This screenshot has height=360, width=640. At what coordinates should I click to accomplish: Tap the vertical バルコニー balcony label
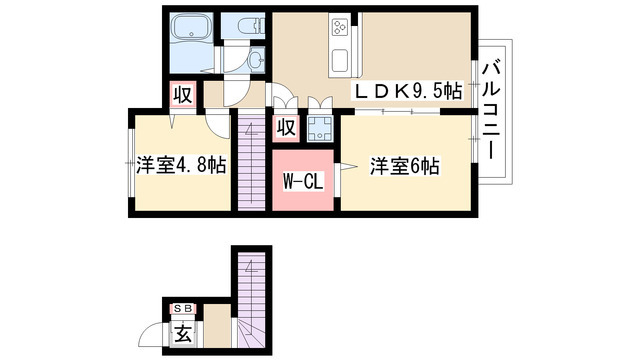[491, 108]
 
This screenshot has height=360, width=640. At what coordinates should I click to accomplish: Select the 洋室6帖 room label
[403, 166]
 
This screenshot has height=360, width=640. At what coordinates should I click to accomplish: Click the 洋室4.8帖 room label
[181, 165]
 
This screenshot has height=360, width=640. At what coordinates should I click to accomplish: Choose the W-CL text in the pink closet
[301, 182]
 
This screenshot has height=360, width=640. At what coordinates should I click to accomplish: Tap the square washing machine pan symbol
[320, 127]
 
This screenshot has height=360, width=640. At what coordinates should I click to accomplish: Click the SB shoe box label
[183, 308]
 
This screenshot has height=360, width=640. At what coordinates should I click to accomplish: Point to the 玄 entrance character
[184, 332]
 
